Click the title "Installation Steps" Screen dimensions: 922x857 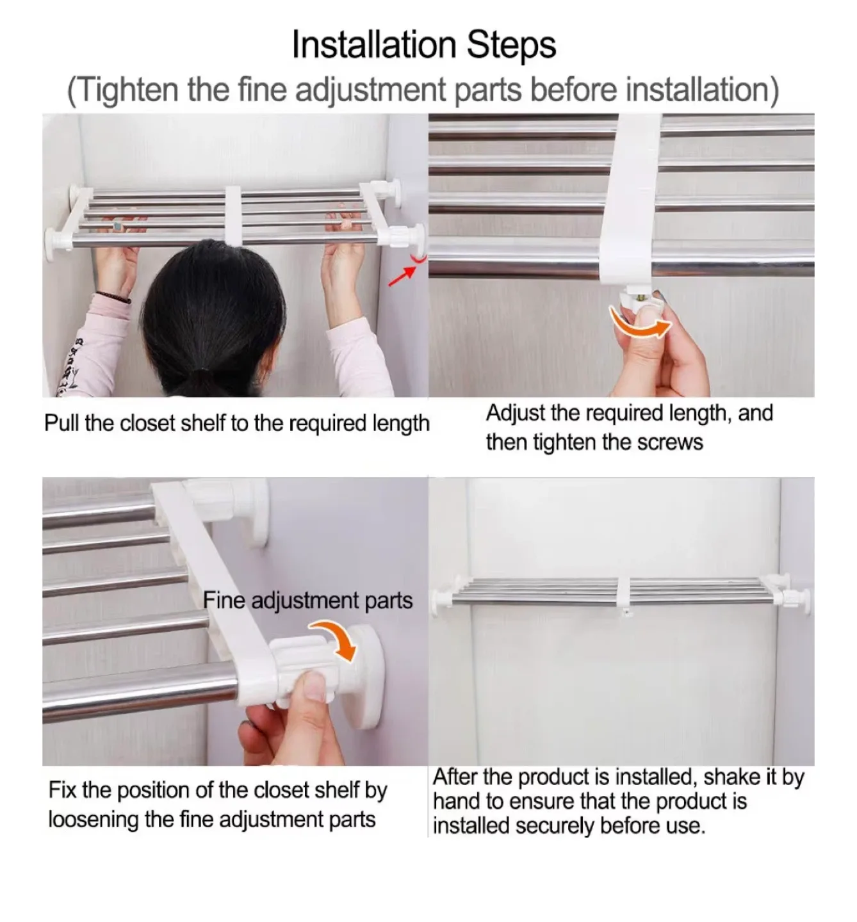click(423, 45)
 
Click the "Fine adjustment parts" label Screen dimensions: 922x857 click(307, 601)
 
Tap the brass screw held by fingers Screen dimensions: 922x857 click(641, 296)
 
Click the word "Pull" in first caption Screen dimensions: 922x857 click(61, 423)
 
